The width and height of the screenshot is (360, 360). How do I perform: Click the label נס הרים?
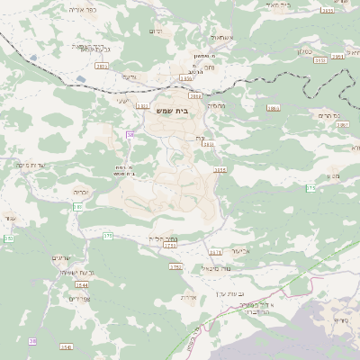coord(329,115)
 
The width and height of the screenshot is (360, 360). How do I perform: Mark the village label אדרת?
coord(188,297)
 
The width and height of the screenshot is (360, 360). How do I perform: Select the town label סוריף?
coord(340,320)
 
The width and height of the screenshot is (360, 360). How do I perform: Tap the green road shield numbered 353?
coord(8,238)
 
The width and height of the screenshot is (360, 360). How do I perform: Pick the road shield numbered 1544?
coord(82,285)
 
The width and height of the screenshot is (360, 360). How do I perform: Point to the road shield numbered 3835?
coord(102,66)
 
